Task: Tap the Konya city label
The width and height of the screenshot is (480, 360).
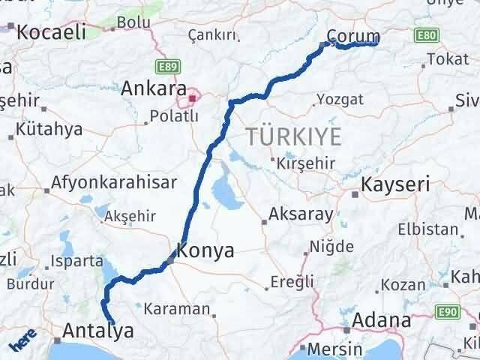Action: click(205, 250)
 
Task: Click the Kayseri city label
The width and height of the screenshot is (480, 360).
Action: click(394, 184)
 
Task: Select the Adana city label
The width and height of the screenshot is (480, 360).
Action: click(385, 321)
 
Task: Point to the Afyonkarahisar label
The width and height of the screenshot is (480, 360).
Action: click(115, 181)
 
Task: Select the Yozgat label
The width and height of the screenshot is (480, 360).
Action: click(340, 99)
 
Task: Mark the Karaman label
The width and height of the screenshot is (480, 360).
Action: click(176, 308)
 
